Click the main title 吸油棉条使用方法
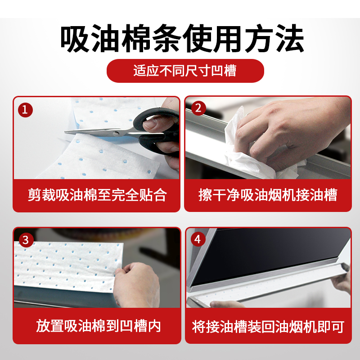180,40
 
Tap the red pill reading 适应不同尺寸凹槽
185,71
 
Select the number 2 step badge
198,108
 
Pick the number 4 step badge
198,239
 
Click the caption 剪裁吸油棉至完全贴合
97,195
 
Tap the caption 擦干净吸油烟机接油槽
268,195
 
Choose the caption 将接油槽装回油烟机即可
268,326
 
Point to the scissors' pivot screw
117,133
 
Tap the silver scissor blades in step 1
90,131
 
